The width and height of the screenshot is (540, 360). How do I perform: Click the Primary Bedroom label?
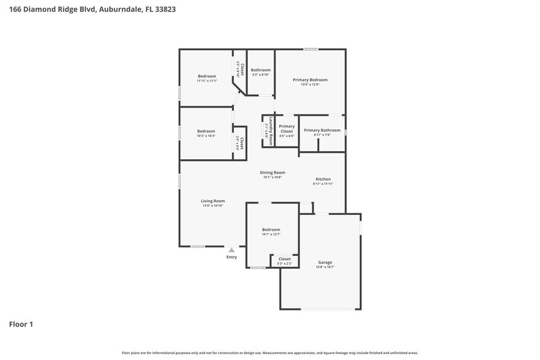(310, 80)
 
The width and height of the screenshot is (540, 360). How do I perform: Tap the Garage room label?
(324, 262)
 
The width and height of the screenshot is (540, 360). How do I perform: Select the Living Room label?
(213, 201)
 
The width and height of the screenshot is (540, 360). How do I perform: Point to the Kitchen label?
(323, 179)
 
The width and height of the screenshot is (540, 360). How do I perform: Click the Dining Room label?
(272, 173)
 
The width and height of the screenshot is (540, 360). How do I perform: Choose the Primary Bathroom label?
(322, 130)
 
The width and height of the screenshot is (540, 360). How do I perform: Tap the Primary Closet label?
(287, 129)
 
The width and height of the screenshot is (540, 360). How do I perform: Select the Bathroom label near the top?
(260, 70)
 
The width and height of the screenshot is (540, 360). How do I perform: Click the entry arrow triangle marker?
(231, 250)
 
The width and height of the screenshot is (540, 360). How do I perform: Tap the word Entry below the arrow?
(231, 257)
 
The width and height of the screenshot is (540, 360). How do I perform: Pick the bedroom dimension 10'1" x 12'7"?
(271, 234)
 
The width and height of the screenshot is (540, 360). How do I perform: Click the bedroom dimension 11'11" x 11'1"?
(206, 81)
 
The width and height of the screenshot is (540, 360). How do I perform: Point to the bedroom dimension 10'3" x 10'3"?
(206, 136)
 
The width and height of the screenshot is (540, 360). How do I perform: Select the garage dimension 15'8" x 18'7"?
(324, 267)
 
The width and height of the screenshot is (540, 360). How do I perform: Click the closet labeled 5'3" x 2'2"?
(285, 263)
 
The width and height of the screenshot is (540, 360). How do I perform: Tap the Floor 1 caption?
(21, 324)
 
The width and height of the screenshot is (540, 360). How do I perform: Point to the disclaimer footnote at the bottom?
(270, 353)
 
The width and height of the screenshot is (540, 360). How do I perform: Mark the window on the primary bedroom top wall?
(311, 50)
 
